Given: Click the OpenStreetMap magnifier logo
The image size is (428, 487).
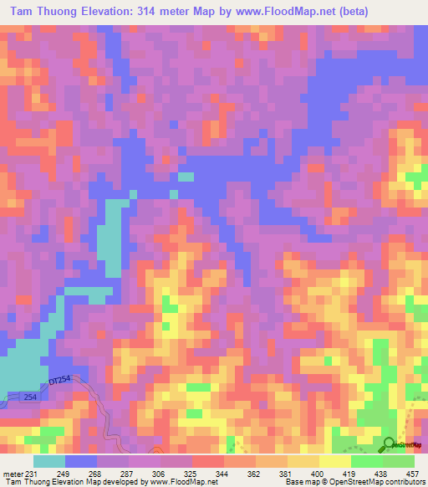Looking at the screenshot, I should click(390, 443).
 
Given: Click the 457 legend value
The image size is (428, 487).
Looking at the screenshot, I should click(410, 474).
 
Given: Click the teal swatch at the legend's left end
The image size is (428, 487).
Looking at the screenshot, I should click(49, 461).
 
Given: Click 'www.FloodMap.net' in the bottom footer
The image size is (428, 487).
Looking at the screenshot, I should click(175, 483).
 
